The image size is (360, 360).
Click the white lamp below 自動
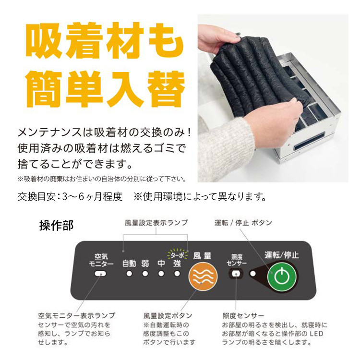tap(129, 274)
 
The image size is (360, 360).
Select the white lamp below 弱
tap(145, 274)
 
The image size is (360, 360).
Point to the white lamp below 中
tap(161, 274)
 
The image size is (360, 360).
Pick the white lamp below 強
tap(177, 274)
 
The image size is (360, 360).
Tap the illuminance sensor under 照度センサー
tap(236, 274)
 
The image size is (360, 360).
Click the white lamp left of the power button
tap(252, 274)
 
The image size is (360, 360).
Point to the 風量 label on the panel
tap(202, 256)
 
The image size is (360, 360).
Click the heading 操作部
tap(56, 225)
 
